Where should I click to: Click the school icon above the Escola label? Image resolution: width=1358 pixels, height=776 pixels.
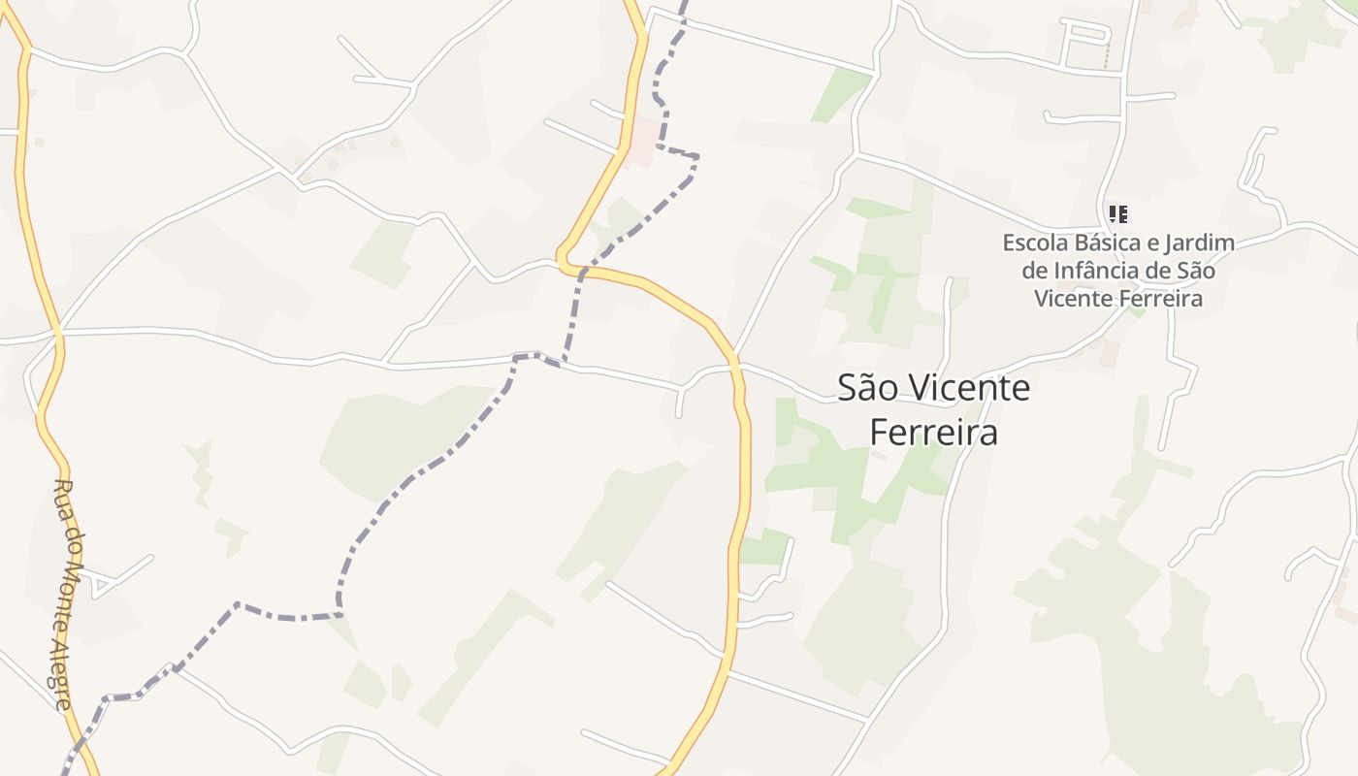pyautogui.click(x=1117, y=213)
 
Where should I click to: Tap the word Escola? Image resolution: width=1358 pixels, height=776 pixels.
pyautogui.click(x=1035, y=242)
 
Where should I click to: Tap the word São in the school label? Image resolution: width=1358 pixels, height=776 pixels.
pyautogui.click(x=1194, y=271)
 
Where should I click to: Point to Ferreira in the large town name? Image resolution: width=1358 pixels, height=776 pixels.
pyautogui.click(x=933, y=432)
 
